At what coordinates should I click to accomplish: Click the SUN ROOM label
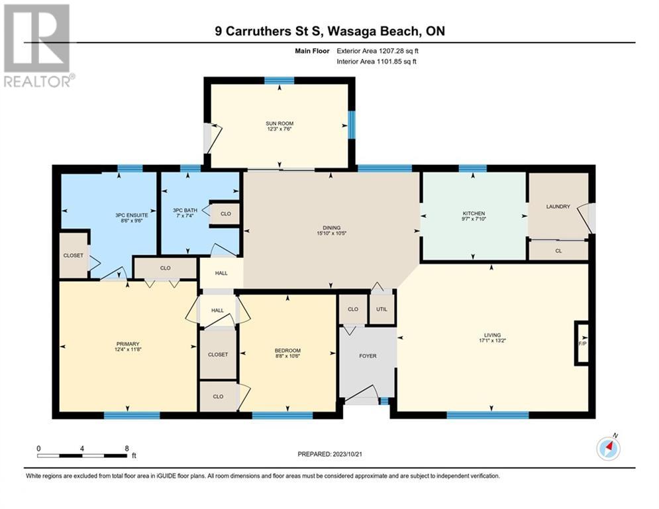pyautogui.click(x=279, y=124)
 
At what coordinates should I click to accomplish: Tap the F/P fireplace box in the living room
pyautogui.click(x=582, y=343)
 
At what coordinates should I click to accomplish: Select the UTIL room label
pyautogui.click(x=381, y=310)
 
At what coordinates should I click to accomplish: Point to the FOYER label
pyautogui.click(x=368, y=356)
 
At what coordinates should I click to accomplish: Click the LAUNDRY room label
pyautogui.click(x=558, y=207)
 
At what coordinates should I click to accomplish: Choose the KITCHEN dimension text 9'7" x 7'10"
pyautogui.click(x=474, y=219)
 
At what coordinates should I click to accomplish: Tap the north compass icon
pyautogui.click(x=608, y=449)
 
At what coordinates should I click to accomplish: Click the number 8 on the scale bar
pyautogui.click(x=127, y=449)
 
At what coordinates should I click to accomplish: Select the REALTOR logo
pyautogui.click(x=38, y=46)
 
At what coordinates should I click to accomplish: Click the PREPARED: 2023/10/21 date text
pyautogui.click(x=330, y=454)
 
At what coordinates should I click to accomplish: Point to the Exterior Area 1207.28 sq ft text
pyautogui.click(x=378, y=51)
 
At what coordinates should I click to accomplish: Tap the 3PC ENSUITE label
pyautogui.click(x=132, y=215)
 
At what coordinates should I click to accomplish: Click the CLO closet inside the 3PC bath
pyautogui.click(x=226, y=213)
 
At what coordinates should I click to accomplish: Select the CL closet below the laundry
pyautogui.click(x=558, y=251)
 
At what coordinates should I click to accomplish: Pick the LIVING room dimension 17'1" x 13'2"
pyautogui.click(x=492, y=341)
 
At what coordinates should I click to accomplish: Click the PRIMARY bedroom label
pyautogui.click(x=127, y=344)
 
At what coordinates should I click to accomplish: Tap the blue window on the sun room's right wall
pyautogui.click(x=352, y=125)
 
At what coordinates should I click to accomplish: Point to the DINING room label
pyautogui.click(x=332, y=227)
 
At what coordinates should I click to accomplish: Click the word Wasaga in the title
pyautogui.click(x=351, y=31)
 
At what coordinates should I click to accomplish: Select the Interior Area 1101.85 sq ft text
pyautogui.click(x=377, y=62)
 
